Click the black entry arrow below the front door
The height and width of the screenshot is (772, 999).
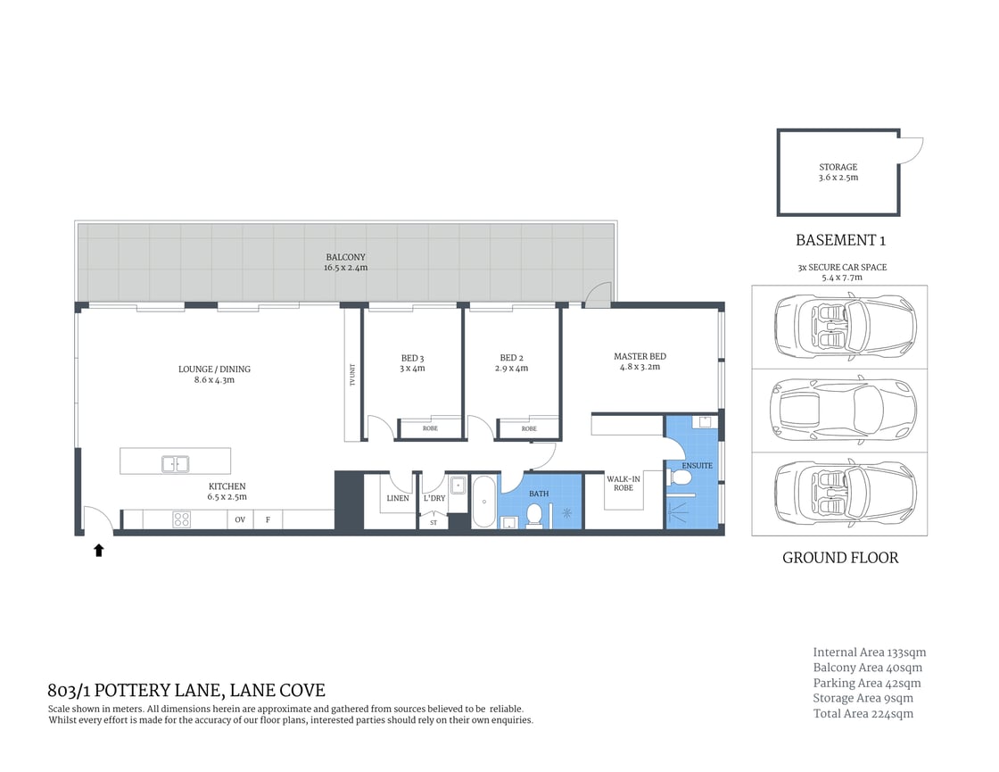tap(99, 551)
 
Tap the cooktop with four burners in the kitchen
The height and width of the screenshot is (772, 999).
tap(181, 519)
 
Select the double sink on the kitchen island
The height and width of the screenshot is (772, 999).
tap(175, 463)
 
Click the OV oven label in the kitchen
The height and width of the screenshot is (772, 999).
tap(240, 519)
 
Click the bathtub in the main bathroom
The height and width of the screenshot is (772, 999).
tap(483, 502)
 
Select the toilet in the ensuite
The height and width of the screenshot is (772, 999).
tap(681, 479)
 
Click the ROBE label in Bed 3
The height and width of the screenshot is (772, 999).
tap(430, 429)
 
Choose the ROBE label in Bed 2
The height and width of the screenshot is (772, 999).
tap(529, 429)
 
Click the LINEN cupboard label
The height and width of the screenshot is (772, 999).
tap(398, 498)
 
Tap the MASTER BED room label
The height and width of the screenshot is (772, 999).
tap(640, 357)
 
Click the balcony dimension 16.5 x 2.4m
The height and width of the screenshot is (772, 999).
tap(346, 268)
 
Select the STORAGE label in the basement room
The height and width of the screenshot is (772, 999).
tap(838, 167)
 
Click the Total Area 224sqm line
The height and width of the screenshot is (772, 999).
tap(863, 714)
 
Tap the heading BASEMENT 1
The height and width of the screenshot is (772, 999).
tap(839, 240)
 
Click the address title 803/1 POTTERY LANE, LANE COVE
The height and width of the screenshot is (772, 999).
tap(186, 691)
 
